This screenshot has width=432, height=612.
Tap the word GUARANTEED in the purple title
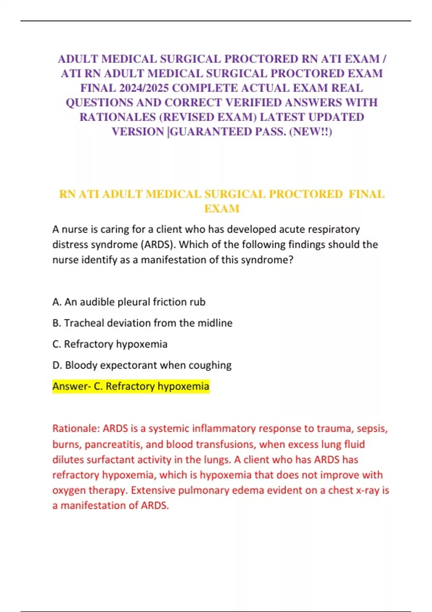211,132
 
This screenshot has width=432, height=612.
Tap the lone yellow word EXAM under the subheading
222,209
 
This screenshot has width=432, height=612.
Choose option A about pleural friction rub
129,302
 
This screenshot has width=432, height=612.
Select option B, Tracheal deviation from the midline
142,323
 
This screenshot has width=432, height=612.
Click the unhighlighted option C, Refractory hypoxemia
110,344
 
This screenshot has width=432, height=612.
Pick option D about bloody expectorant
142,365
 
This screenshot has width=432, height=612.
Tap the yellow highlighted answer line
131,386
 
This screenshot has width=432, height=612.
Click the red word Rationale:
76,428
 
